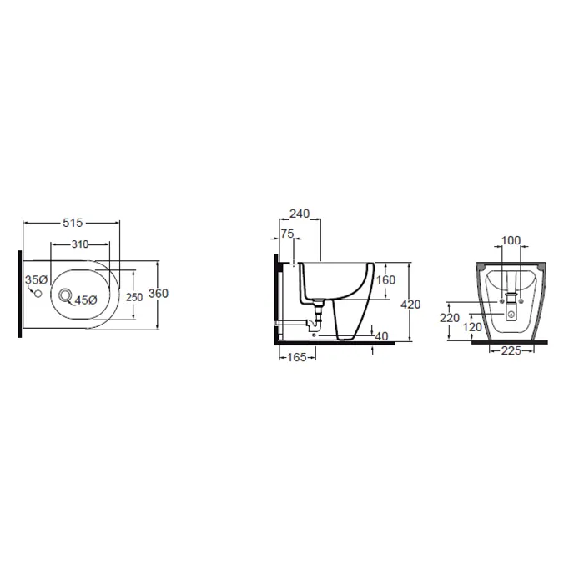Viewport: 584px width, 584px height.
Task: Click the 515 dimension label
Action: [x=73, y=223]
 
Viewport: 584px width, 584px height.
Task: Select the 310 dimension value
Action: [x=80, y=244]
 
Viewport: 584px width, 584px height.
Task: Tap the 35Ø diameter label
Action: [x=36, y=279]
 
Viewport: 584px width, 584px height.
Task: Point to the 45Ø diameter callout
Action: [x=86, y=300]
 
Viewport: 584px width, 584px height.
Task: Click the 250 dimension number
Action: [x=134, y=297]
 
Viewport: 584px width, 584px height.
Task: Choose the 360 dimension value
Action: [x=159, y=294]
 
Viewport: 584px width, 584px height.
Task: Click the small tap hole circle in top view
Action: [x=38, y=294]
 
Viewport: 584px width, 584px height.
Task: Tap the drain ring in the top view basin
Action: [x=65, y=295]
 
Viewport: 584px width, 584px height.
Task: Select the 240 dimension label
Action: [x=300, y=214]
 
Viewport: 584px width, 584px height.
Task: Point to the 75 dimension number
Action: [x=287, y=234]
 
